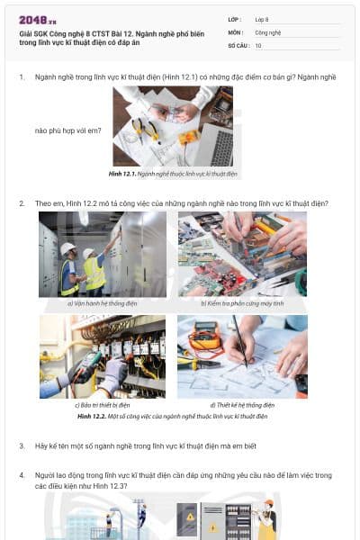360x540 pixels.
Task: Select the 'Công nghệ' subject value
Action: (268, 31)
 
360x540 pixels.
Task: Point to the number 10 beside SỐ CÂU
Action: (258, 45)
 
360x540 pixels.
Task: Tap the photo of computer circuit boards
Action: (242, 254)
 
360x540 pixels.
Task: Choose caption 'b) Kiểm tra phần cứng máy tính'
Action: (242, 303)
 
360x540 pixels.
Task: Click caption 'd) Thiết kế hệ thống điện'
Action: (242, 406)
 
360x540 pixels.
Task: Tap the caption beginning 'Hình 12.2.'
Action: (173, 417)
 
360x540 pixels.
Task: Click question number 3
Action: (22, 445)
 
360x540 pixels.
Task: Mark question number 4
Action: (22, 474)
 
